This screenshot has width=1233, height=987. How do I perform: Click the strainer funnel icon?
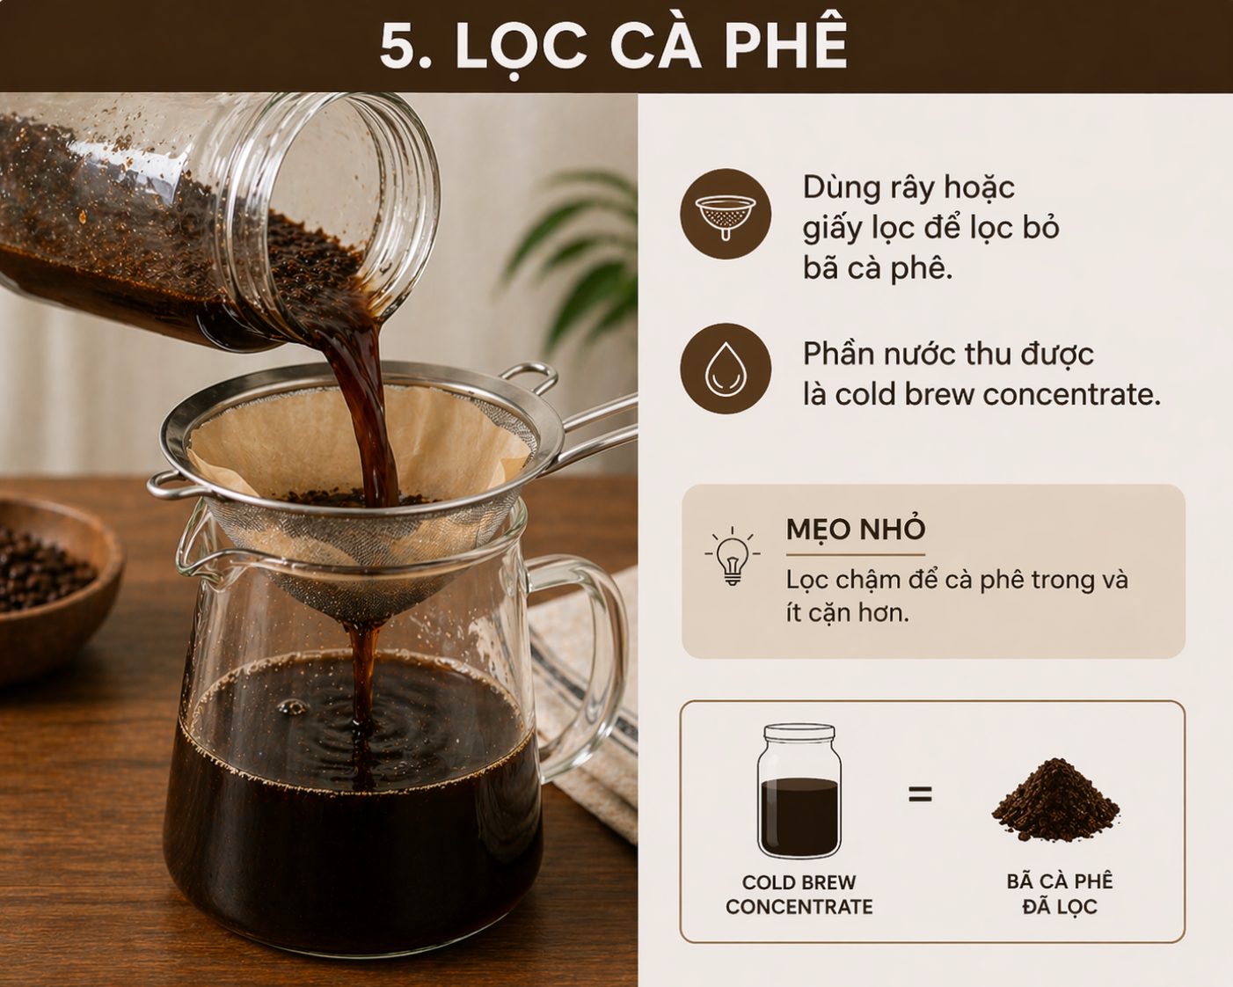(x=726, y=214)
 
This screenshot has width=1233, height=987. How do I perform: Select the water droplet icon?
(x=726, y=369)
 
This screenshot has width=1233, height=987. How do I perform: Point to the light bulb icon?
(x=732, y=557)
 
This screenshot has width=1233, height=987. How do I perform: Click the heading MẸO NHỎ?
(x=856, y=530)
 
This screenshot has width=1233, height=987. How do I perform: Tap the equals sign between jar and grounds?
(x=920, y=795)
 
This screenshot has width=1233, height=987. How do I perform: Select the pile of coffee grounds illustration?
(x=1055, y=800)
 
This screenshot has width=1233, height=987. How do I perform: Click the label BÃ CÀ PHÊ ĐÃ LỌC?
(x=1060, y=894)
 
